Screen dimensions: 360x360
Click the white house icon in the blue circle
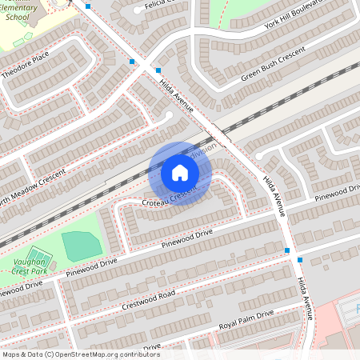[x=180, y=173]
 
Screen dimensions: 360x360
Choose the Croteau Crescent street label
[x=169, y=198]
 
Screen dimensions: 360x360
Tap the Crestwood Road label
[x=149, y=298]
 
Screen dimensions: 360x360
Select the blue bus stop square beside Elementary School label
[x=88, y=6]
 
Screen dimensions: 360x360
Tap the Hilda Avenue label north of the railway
[x=176, y=89]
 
